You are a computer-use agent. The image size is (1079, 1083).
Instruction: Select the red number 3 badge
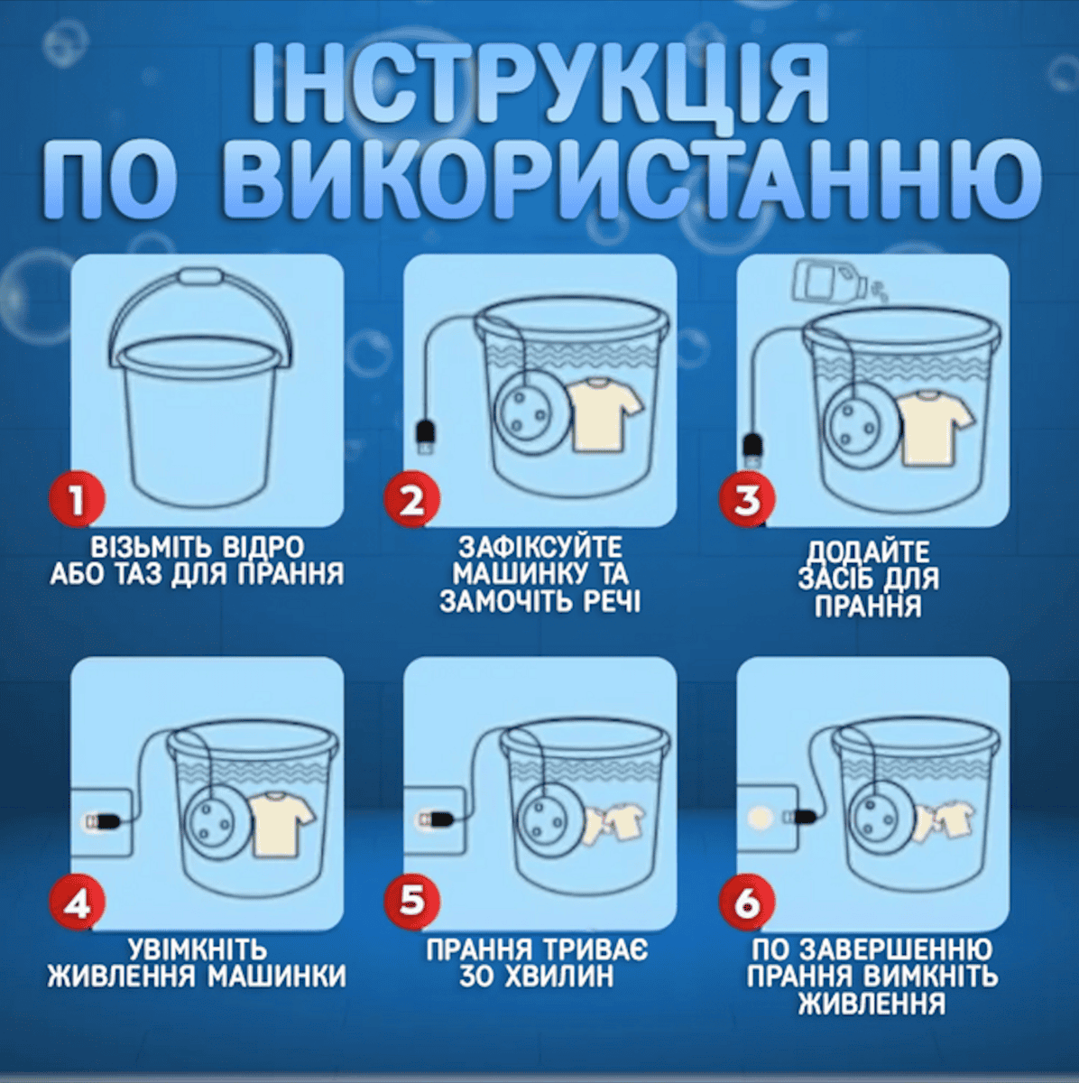point(747,499)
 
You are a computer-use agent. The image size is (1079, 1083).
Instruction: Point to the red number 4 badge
point(77,902)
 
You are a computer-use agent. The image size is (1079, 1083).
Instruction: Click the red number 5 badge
point(412,902)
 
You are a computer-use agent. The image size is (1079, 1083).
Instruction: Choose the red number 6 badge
point(747,902)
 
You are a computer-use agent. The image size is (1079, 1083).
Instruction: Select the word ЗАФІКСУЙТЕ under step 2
point(540,547)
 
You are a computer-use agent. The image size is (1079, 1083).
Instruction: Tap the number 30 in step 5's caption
point(475,977)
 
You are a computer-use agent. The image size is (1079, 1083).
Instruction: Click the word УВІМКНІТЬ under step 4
point(198,949)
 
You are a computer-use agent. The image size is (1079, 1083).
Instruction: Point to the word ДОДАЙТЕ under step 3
point(868,553)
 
